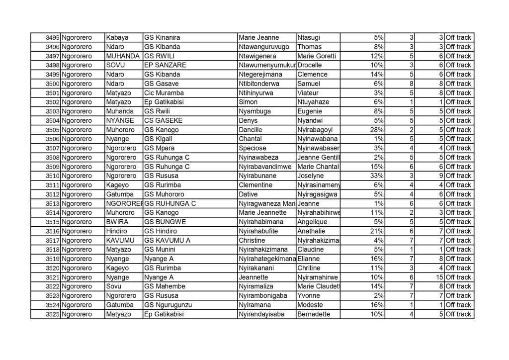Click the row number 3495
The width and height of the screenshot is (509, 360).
pos(52,37)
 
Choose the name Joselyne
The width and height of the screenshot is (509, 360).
pos(310,176)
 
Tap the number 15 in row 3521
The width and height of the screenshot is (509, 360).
pos(439,277)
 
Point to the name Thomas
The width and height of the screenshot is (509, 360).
pos(309,47)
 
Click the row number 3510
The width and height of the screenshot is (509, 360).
pos(52,176)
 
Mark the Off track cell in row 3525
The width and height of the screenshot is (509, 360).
pos(458,314)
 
